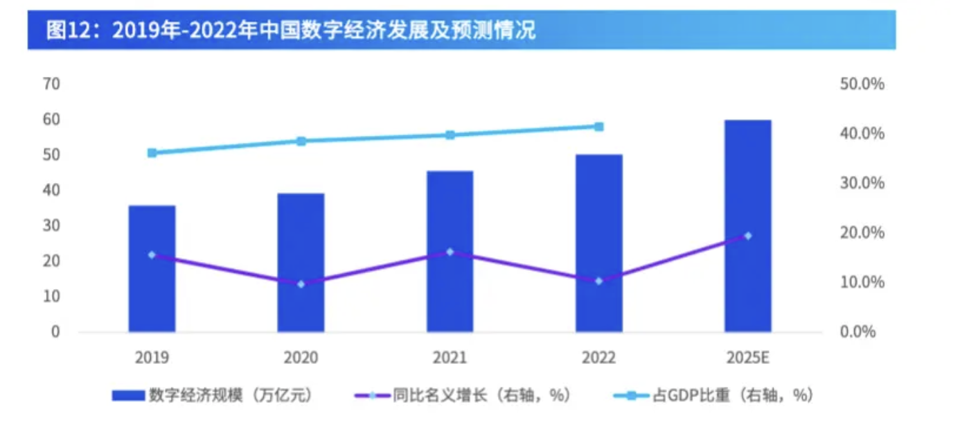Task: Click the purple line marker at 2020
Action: coord(301,284)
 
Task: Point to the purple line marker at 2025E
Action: coord(748,236)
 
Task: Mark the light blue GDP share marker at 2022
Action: coord(599,126)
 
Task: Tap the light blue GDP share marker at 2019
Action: coord(152,152)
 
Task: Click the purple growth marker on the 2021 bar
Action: coord(450,252)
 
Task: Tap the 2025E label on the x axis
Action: coord(748,358)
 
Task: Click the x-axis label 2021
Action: coord(450,358)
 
